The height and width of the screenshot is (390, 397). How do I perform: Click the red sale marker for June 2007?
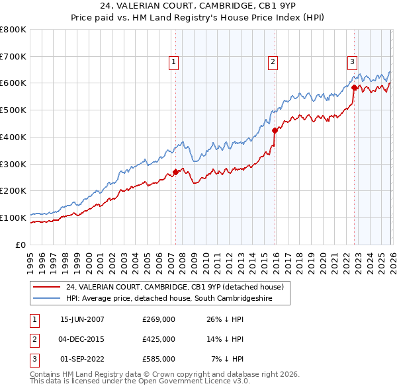click(175, 172)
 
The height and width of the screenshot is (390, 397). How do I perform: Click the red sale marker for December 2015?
click(275, 130)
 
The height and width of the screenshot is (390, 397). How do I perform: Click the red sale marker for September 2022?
click(354, 87)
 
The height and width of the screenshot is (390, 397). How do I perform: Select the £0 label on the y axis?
click(21, 245)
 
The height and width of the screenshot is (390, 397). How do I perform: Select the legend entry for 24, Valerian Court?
click(175, 287)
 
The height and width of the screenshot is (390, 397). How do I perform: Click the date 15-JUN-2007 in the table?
click(82, 319)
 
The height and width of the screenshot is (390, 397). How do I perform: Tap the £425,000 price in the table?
click(159, 339)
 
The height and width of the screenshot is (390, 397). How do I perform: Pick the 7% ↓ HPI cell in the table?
click(228, 359)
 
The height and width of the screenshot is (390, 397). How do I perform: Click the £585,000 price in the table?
click(159, 359)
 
